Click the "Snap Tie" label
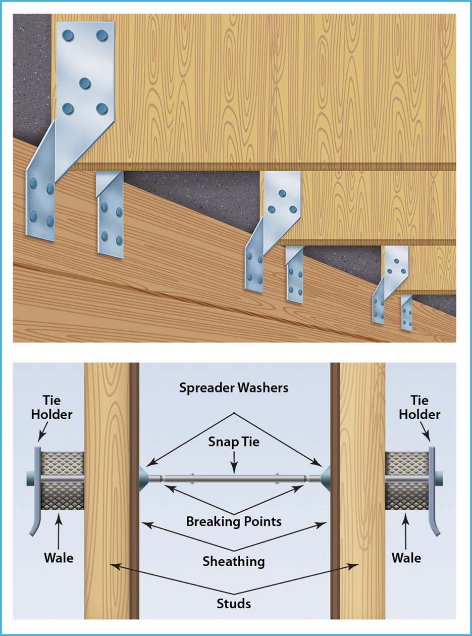pyautogui.click(x=234, y=442)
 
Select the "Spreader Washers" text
pyautogui.click(x=234, y=388)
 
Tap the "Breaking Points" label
pyautogui.click(x=234, y=521)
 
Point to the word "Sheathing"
pyautogui.click(x=234, y=561)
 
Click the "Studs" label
pyautogui.click(x=234, y=603)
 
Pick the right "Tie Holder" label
pyautogui.click(x=419, y=408)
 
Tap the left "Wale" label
pyautogui.click(x=59, y=558)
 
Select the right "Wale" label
pyautogui.click(x=406, y=558)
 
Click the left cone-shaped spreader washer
pyautogui.click(x=144, y=477)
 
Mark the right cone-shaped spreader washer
pyautogui.click(x=325, y=477)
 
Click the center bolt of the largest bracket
pyautogui.click(x=84, y=82)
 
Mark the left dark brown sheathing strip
pyautogui.click(x=134, y=490)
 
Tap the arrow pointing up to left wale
pyautogui.click(x=59, y=531)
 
